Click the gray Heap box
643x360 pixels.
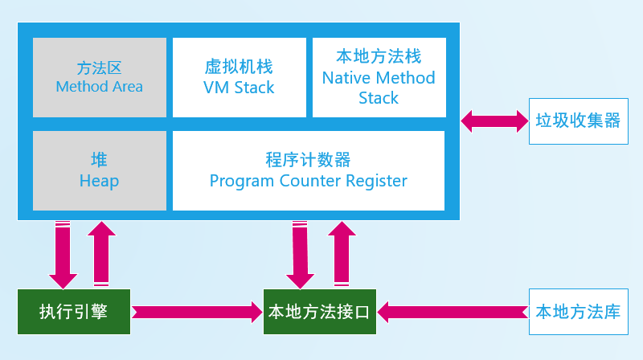tap(100, 170)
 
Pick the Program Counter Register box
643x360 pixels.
tap(309, 170)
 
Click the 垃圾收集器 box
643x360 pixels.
tap(578, 121)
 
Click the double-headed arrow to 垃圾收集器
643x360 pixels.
tap(494, 121)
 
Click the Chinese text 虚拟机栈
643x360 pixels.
tap(239, 67)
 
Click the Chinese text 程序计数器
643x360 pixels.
tap(309, 159)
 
